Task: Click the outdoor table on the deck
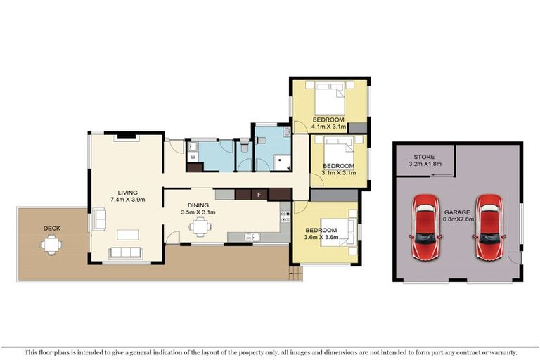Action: point(51,245)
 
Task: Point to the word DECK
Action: point(51,228)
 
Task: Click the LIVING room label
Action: point(127,192)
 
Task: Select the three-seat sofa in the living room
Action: point(127,252)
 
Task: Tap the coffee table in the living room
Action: point(127,234)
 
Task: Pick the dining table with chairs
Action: point(200,226)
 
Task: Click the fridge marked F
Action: point(259,194)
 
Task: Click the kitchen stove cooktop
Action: point(285,216)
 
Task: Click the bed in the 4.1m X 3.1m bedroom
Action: point(329,99)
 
